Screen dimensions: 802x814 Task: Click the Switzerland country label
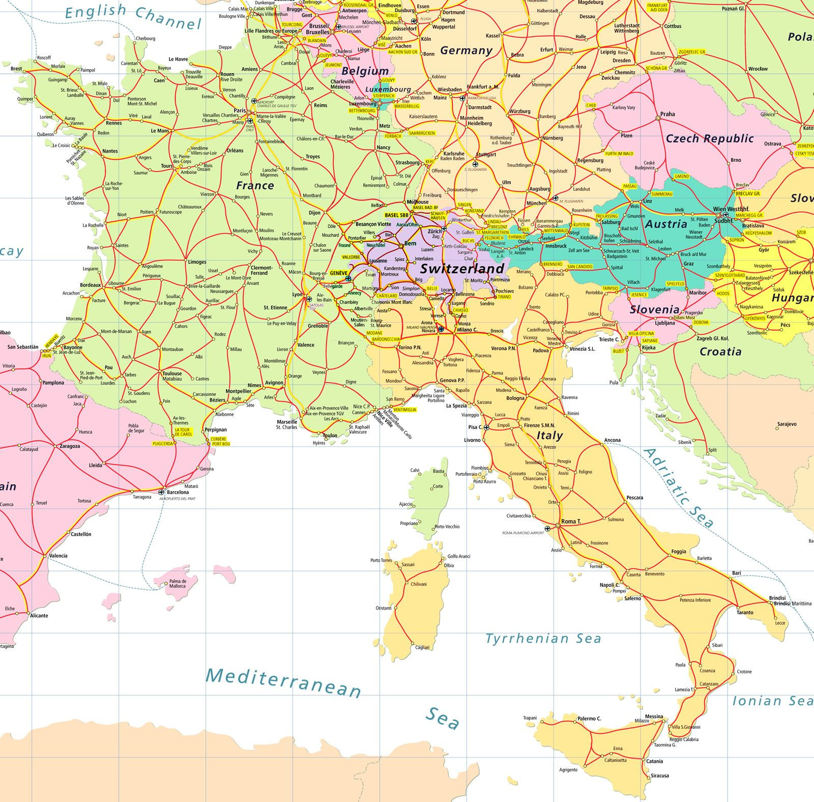[462, 268]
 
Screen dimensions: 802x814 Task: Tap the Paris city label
[239, 110]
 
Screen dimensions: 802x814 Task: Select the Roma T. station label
[571, 522]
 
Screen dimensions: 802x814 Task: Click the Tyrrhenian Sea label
[543, 639]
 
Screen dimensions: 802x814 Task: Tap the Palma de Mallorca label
[178, 583]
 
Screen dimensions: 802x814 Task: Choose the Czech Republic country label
[710, 138]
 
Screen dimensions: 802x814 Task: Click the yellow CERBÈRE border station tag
[219, 439]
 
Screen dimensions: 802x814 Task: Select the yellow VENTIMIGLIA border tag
[405, 410]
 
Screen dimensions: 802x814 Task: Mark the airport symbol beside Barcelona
[162, 492]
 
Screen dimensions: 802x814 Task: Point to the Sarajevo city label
[787, 424]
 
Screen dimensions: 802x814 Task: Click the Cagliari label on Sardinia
[422, 647]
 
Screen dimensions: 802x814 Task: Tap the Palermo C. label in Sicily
[589, 719]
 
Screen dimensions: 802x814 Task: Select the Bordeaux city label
[91, 285]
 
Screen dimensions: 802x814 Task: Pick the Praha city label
[667, 114]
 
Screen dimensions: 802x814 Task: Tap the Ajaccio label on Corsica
[406, 504]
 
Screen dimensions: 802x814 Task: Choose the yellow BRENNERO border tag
[553, 265]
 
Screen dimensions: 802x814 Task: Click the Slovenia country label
[654, 309]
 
